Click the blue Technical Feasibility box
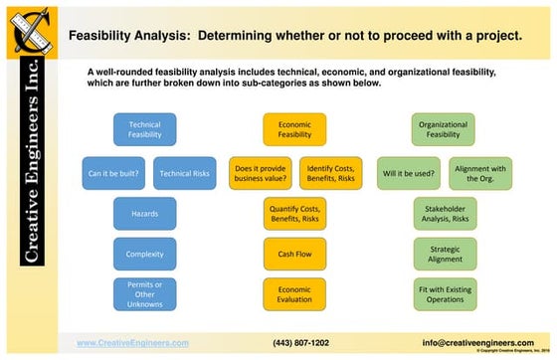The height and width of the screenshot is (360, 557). pyautogui.click(x=144, y=130)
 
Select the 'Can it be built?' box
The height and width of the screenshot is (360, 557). pyautogui.click(x=113, y=173)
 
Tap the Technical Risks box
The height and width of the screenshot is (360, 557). pyautogui.click(x=184, y=173)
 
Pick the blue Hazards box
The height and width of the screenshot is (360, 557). pyautogui.click(x=144, y=213)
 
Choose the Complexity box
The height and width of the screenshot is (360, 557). pyautogui.click(x=144, y=254)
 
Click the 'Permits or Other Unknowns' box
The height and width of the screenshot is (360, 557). pyautogui.click(x=144, y=294)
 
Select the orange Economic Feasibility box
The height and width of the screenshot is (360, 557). pyautogui.click(x=294, y=130)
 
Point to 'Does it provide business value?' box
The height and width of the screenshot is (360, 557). pyautogui.click(x=260, y=173)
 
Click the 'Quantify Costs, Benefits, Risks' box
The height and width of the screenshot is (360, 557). pyautogui.click(x=294, y=213)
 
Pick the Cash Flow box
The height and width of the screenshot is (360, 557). pyautogui.click(x=294, y=254)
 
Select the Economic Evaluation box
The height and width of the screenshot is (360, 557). pyautogui.click(x=294, y=294)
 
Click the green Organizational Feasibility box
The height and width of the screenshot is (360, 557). pyautogui.click(x=444, y=130)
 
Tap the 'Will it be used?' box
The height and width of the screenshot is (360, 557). pyautogui.click(x=409, y=173)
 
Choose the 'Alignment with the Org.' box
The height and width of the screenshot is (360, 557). pyautogui.click(x=480, y=173)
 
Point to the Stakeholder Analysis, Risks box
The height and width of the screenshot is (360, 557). pyautogui.click(x=445, y=213)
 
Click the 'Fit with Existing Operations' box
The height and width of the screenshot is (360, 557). pyautogui.click(x=445, y=294)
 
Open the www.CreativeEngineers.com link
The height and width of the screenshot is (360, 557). pyautogui.click(x=132, y=342)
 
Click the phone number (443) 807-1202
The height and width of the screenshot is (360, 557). pyautogui.click(x=300, y=342)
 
